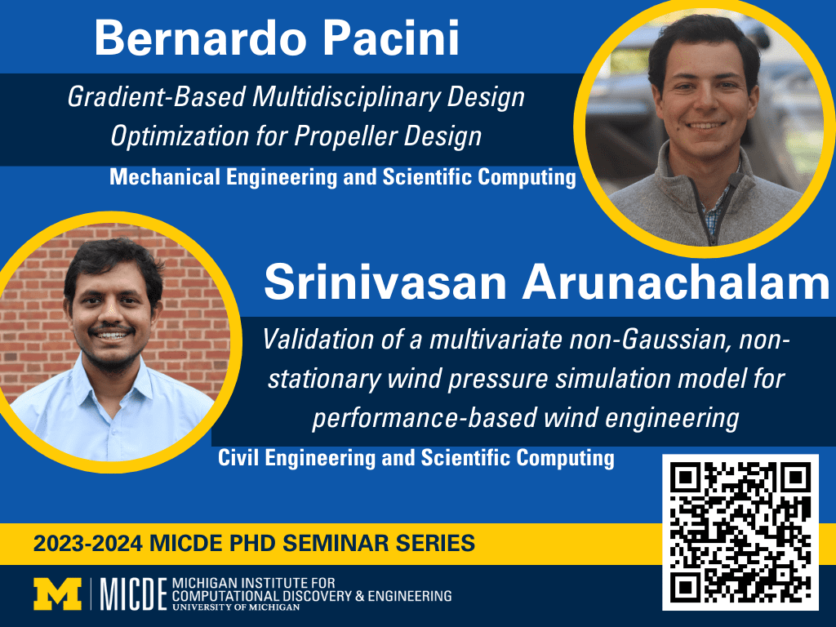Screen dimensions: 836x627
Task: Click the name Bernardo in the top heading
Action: click(x=200, y=38)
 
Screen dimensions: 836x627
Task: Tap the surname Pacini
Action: click(x=391, y=38)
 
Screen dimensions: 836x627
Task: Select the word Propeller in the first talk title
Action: click(x=345, y=136)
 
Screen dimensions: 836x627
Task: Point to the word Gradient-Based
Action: click(x=156, y=97)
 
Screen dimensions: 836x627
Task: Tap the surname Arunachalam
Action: click(x=676, y=282)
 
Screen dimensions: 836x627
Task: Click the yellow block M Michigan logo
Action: click(x=58, y=594)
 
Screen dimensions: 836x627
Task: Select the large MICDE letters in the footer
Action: click(x=133, y=594)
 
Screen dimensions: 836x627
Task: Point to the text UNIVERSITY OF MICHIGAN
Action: click(x=236, y=607)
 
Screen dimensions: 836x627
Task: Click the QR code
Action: click(x=740, y=532)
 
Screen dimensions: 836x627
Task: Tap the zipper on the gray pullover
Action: click(x=706, y=208)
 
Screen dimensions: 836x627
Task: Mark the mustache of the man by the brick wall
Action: click(x=111, y=328)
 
